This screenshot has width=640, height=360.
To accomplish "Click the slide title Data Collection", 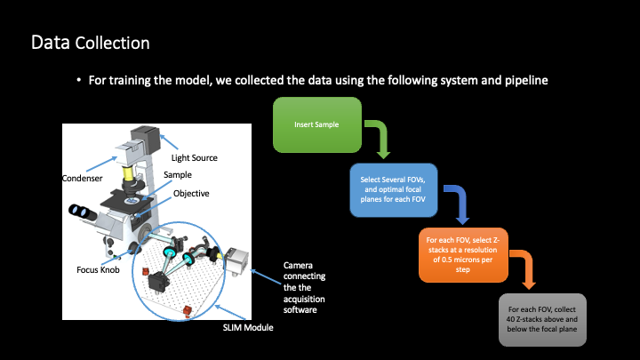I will pos(91,42).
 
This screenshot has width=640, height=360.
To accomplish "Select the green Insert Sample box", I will pos(316,124).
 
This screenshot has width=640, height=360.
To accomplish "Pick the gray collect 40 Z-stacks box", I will pos(541,318).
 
